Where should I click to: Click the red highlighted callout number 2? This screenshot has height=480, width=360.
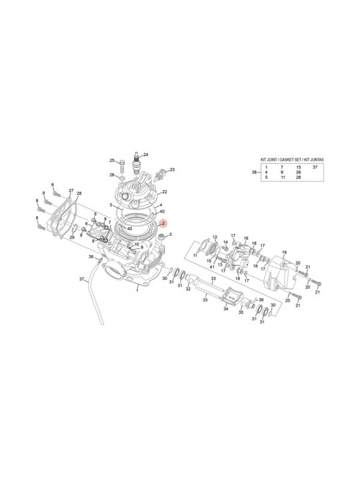coord(164,223)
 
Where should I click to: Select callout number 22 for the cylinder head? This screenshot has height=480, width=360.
coord(164,191)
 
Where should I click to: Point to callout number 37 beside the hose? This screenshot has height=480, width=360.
coord(82,279)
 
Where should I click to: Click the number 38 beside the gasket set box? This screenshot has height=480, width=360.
coord(254,172)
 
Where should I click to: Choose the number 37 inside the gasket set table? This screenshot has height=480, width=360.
coord(316,167)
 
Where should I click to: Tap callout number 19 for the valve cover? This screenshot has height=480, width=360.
coord(284,252)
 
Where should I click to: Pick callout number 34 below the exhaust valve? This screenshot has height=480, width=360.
coord(226,309)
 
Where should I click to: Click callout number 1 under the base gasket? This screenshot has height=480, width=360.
coord(137,290)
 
